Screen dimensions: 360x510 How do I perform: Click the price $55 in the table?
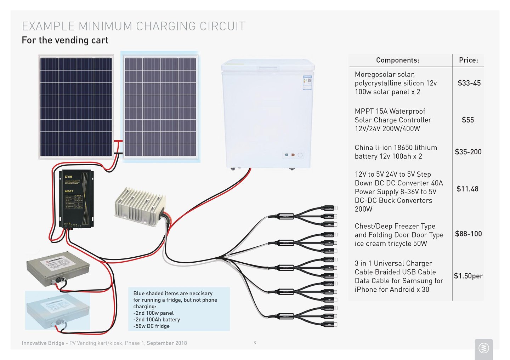(x=467, y=120)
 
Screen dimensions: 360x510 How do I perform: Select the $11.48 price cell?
(x=467, y=189)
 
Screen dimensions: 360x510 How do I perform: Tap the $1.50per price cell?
(x=468, y=276)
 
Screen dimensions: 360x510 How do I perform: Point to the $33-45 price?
(x=469, y=83)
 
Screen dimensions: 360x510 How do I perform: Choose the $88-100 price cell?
(x=468, y=234)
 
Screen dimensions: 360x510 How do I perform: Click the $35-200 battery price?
(x=468, y=152)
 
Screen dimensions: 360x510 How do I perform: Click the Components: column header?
(x=397, y=61)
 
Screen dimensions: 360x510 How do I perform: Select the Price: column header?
(x=468, y=61)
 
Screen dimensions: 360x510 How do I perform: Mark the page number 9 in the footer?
(x=255, y=343)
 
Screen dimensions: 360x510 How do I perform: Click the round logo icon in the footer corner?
(x=483, y=348)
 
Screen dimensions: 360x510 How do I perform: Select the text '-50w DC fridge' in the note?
(x=151, y=326)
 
